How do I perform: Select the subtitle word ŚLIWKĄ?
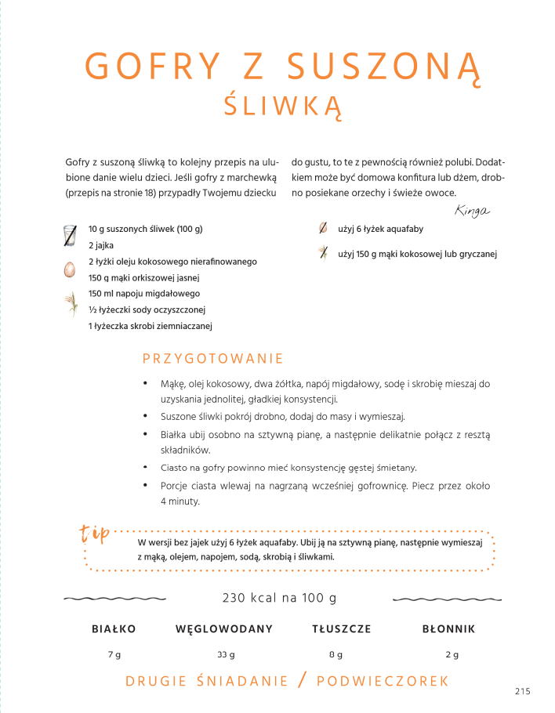[x=283, y=106]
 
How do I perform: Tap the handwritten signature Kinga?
[x=471, y=210]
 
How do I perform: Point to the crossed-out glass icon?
[x=71, y=235]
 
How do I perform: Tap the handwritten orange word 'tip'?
[x=95, y=535]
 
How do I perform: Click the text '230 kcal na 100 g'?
[x=279, y=598]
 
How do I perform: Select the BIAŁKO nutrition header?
[x=114, y=628]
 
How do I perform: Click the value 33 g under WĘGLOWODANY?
[x=226, y=654]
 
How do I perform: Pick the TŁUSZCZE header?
[x=341, y=628]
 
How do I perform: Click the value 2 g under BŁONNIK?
[x=452, y=654]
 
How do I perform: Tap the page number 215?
[x=523, y=690]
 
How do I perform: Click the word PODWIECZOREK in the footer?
[x=383, y=681]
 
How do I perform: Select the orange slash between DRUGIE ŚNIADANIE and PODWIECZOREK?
[x=303, y=680]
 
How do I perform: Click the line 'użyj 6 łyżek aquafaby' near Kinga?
[x=380, y=229]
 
